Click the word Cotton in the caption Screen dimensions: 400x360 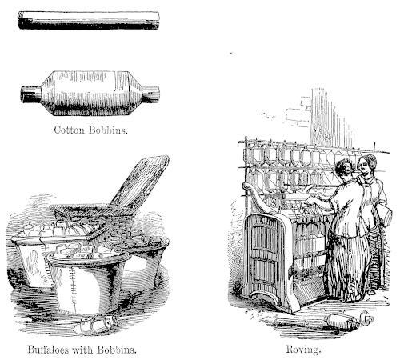pos(70,130)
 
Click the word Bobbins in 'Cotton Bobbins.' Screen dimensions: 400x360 pos(108,130)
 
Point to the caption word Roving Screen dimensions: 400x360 pos(303,349)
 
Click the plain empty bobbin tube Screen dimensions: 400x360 pos(89,20)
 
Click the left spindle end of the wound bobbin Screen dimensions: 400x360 pos(31,94)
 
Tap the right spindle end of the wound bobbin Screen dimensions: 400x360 pos(150,94)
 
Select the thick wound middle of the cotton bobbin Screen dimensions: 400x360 pos(91,93)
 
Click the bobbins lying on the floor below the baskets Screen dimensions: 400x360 pos(95,326)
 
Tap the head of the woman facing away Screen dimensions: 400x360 pos(345,169)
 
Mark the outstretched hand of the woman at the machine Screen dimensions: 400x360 pos(310,199)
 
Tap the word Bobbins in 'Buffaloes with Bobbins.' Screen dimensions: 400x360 pos(117,350)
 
